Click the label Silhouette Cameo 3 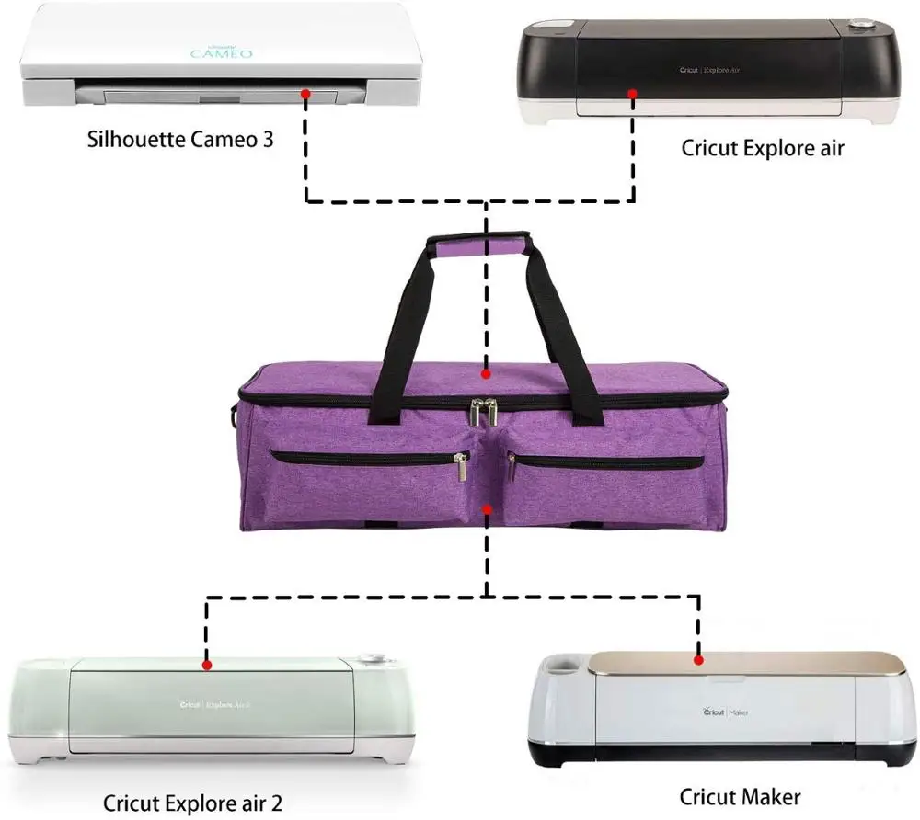(x=180, y=141)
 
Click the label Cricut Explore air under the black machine (x=762, y=147)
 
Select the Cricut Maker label (x=740, y=796)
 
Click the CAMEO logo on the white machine (x=221, y=53)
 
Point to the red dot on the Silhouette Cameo (x=305, y=94)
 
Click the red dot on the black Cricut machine (x=632, y=93)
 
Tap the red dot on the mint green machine (x=207, y=664)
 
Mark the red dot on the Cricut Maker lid (x=698, y=659)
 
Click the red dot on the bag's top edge (x=487, y=374)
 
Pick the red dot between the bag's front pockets (x=487, y=507)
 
